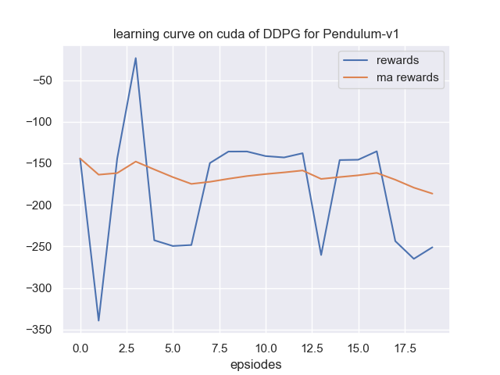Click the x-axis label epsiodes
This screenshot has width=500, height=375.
click(x=255, y=364)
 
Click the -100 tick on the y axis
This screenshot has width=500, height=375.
click(x=35, y=122)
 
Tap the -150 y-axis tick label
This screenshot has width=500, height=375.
click(x=35, y=163)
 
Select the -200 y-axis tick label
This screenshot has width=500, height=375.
click(x=35, y=205)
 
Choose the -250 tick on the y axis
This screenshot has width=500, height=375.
click(x=35, y=247)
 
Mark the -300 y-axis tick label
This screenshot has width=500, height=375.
click(x=35, y=288)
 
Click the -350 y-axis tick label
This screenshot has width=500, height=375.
click(x=35, y=330)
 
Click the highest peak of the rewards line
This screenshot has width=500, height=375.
click(x=135, y=58)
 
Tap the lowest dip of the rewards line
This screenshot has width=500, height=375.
click(x=98, y=320)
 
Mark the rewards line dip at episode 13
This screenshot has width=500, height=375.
click(x=321, y=255)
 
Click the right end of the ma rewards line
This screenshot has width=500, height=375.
click(x=432, y=194)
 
